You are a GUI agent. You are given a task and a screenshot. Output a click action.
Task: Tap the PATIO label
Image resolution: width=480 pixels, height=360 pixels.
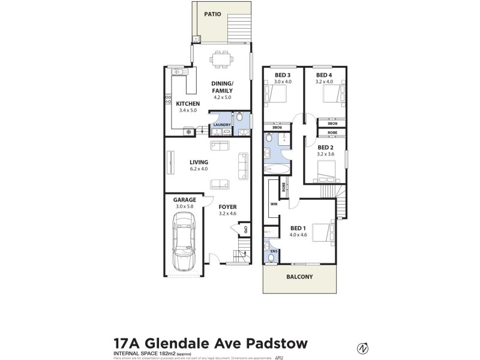[212, 13]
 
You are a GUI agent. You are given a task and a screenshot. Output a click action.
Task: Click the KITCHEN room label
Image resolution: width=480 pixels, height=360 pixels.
[188, 104]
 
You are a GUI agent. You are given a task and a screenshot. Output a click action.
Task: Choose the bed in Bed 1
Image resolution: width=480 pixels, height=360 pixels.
[320, 231]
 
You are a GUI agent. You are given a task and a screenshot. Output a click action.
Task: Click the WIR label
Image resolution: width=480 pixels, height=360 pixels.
[273, 204]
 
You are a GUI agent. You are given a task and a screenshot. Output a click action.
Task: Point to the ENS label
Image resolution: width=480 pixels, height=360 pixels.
[274, 251]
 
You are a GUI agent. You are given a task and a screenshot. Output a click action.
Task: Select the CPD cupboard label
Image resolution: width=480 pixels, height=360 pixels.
[245, 229]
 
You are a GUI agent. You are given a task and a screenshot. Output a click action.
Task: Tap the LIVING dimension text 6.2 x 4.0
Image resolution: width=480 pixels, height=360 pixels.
[199, 169]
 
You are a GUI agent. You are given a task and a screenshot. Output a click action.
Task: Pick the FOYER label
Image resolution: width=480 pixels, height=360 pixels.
[227, 206]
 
